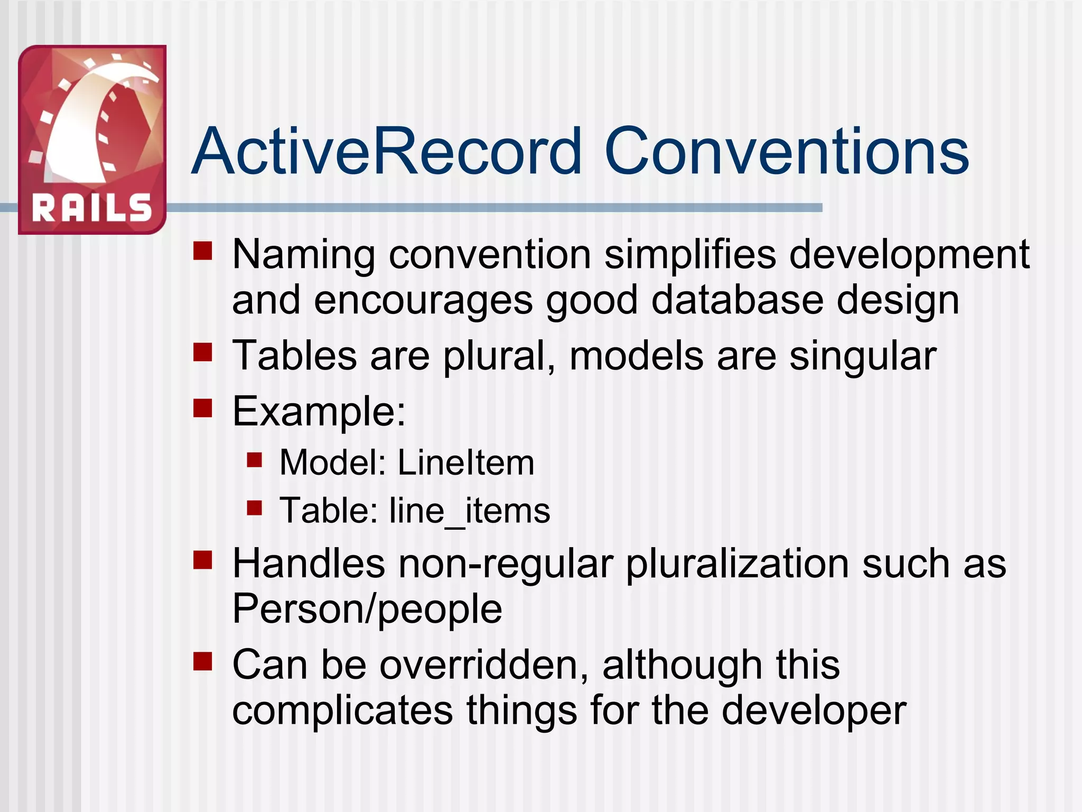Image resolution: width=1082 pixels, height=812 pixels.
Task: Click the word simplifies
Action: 690,255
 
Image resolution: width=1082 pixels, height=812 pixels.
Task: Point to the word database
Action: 737,300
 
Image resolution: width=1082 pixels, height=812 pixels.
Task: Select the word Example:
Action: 319,411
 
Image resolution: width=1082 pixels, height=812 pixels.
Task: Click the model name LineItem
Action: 465,463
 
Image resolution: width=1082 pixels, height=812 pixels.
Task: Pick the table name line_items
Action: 470,511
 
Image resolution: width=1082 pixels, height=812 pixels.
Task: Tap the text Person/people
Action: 367,609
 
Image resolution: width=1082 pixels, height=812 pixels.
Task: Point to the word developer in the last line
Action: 814,711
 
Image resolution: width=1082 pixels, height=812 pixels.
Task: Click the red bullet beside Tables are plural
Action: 202,352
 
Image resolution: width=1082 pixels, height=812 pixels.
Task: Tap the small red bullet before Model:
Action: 255,460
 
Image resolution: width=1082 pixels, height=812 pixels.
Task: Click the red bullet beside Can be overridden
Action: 202,661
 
